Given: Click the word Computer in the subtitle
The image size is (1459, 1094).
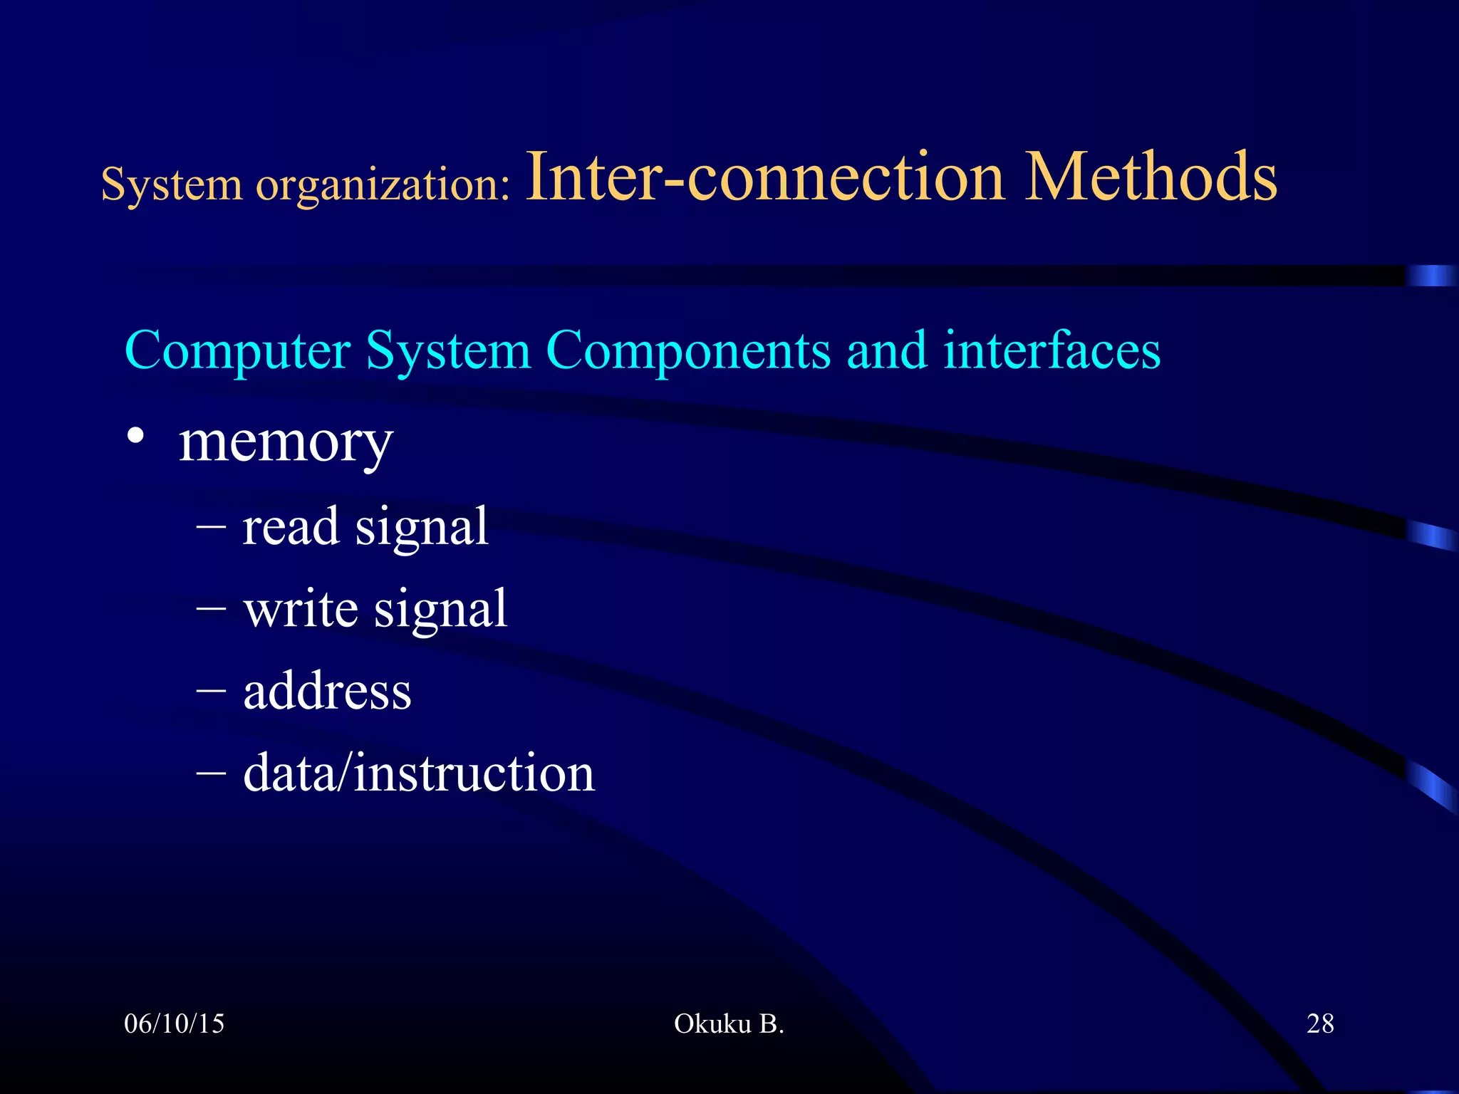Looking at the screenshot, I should point(237,350).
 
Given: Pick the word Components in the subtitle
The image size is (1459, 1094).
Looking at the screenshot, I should point(688,350).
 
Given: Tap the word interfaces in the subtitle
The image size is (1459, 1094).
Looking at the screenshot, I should point(1052,350).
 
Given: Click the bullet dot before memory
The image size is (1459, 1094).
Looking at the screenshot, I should point(135,435).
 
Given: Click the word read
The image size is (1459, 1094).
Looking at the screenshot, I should point(291,527).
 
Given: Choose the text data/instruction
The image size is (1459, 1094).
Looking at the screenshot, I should point(419,773).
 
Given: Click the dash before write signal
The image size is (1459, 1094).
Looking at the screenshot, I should point(211,609).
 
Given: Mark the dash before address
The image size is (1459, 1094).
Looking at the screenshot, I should point(211,691).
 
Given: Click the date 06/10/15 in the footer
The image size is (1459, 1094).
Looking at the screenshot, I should point(174,1024).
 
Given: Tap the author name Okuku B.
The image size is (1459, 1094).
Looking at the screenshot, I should point(729,1024).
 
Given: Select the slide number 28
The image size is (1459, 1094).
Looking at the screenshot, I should point(1320,1024).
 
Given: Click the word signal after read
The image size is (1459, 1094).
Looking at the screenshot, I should point(422,528).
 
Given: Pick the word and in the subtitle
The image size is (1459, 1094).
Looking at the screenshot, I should point(886,350).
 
